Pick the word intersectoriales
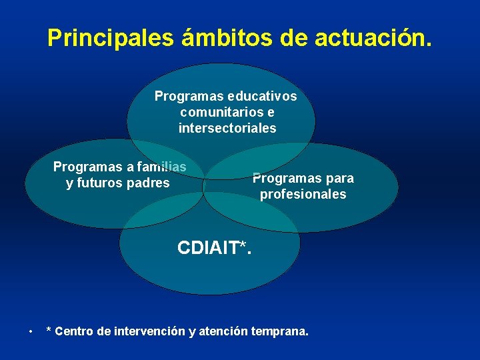(x=227, y=128)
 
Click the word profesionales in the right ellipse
(x=303, y=195)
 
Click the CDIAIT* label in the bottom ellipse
(x=215, y=248)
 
